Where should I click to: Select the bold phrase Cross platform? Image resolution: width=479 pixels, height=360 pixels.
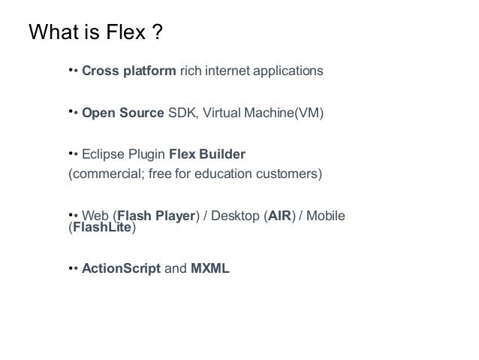pyautogui.click(x=129, y=72)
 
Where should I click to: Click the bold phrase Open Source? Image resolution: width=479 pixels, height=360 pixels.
pyautogui.click(x=122, y=113)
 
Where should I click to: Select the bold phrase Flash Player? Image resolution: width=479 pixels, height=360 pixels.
pyautogui.click(x=156, y=216)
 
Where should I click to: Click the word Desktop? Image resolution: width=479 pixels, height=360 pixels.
pyautogui.click(x=233, y=216)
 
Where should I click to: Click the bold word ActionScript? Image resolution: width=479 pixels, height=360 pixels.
pyautogui.click(x=121, y=268)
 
